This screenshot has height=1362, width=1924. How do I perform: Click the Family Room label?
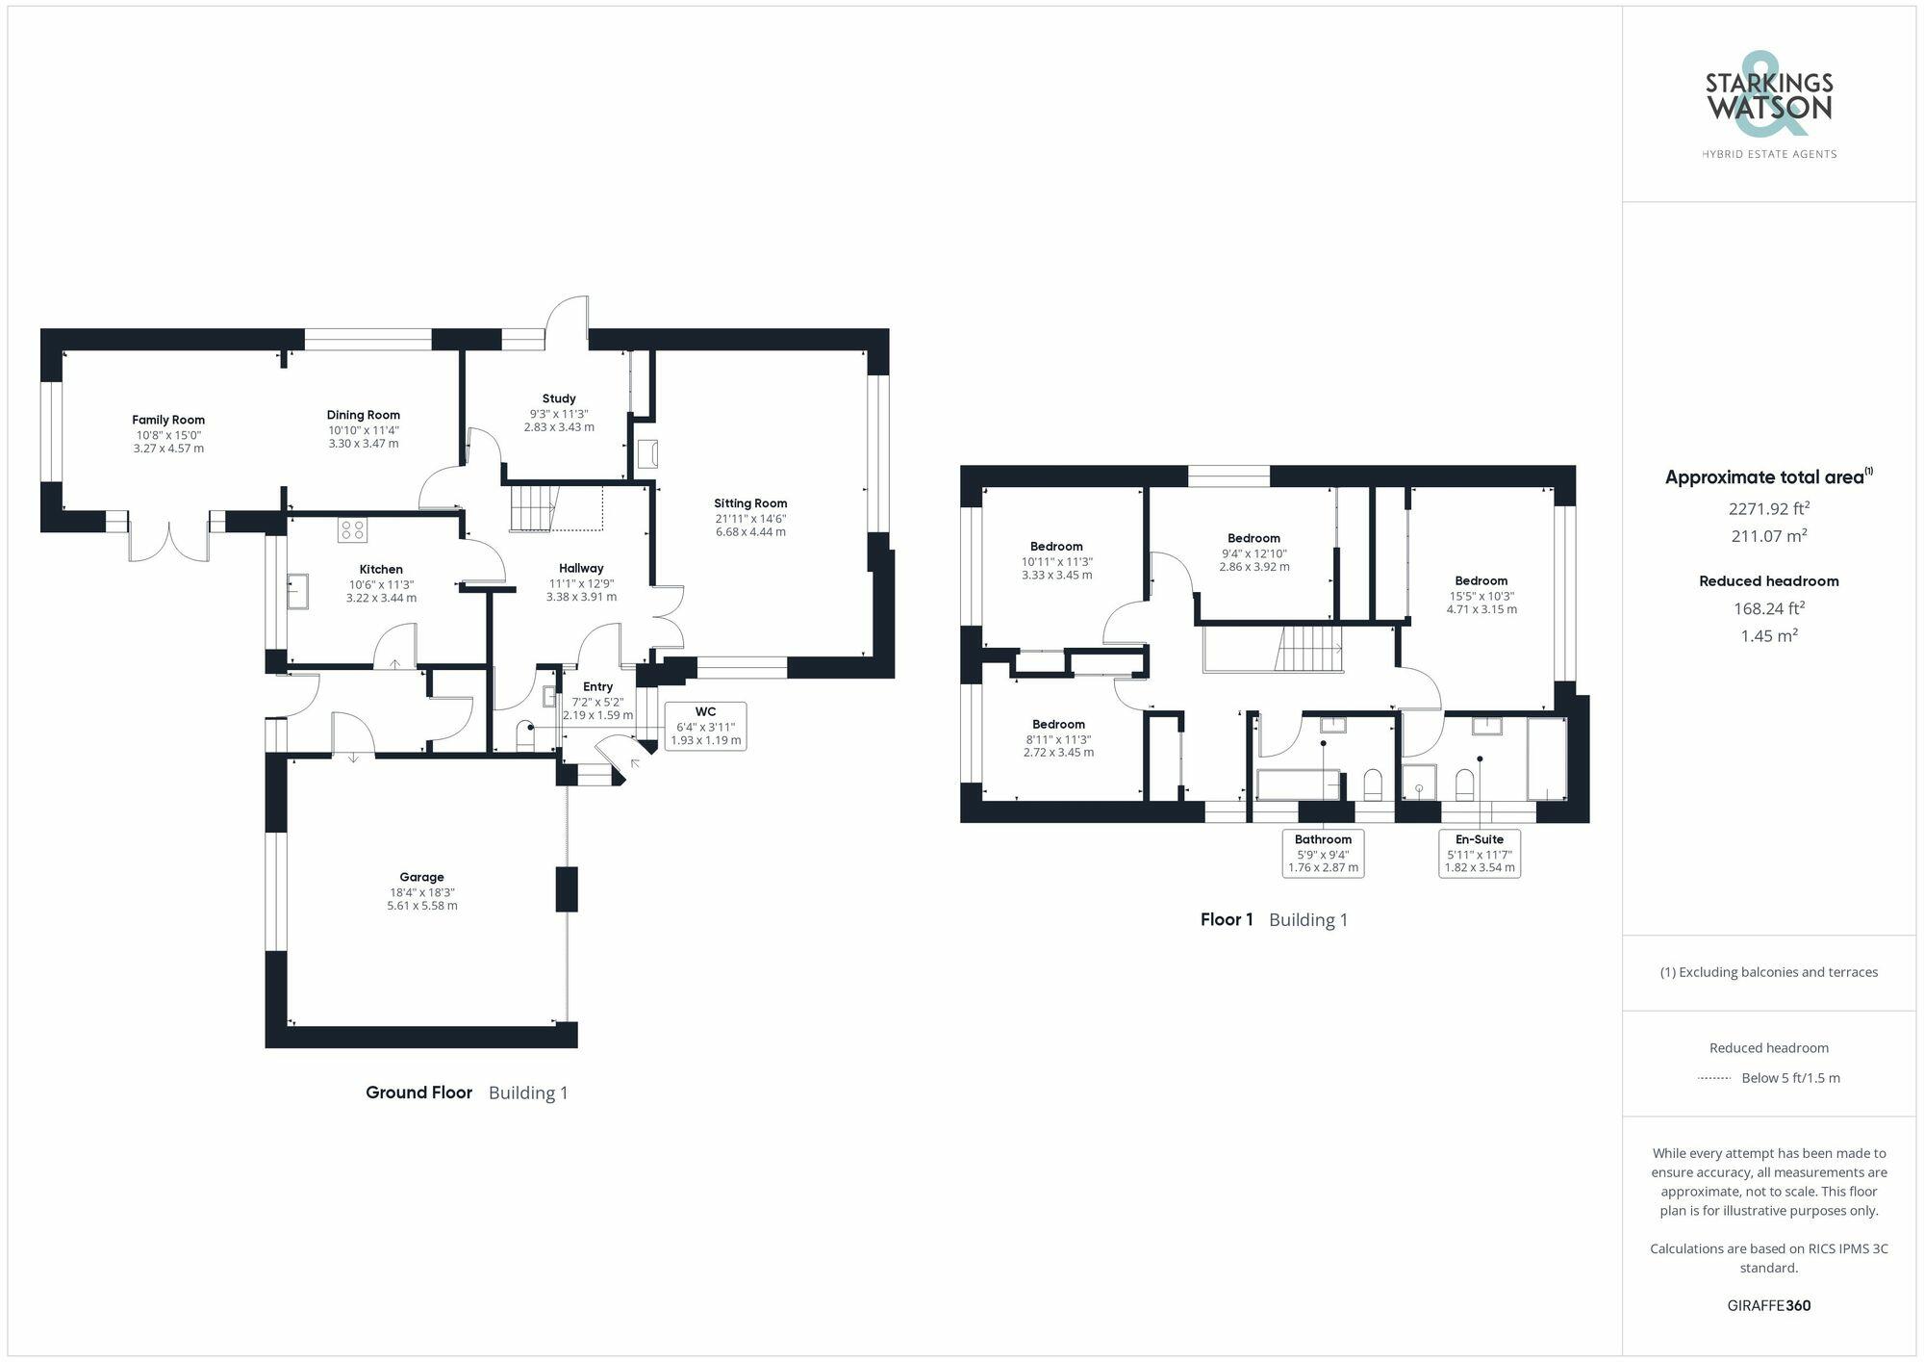(x=168, y=420)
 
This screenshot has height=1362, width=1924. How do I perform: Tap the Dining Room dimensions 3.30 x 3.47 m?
(x=363, y=444)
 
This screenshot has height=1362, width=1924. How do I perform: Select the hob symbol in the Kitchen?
(x=352, y=529)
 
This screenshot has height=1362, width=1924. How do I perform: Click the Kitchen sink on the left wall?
(x=297, y=591)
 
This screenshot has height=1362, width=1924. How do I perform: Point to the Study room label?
(x=559, y=398)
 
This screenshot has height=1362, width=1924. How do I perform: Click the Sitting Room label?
(x=750, y=503)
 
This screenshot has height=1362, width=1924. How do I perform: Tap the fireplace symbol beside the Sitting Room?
(x=647, y=453)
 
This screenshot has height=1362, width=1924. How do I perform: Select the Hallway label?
(x=581, y=569)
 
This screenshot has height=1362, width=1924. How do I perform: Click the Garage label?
(x=421, y=877)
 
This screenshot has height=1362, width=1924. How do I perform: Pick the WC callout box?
(x=705, y=727)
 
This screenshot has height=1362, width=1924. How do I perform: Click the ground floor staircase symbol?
(x=533, y=507)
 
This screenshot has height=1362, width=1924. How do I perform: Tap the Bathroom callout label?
(x=1323, y=853)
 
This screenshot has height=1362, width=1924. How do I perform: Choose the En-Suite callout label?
(x=1480, y=853)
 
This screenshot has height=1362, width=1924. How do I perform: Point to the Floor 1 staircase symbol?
(x=1309, y=648)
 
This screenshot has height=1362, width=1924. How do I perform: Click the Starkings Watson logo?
(x=1768, y=106)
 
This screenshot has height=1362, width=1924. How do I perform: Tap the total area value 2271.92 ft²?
(x=1768, y=509)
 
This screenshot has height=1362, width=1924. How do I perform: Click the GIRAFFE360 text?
(x=1768, y=1305)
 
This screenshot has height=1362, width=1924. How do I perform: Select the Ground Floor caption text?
(x=418, y=1092)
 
